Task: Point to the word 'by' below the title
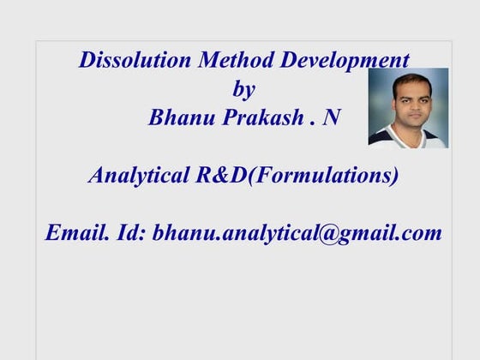pyautogui.click(x=243, y=89)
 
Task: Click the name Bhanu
pyautogui.click(x=180, y=117)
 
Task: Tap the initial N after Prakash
pyautogui.click(x=331, y=117)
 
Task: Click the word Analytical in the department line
pyautogui.click(x=137, y=176)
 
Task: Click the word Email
pyautogui.click(x=76, y=232)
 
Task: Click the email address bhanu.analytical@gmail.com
pyautogui.click(x=297, y=232)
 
